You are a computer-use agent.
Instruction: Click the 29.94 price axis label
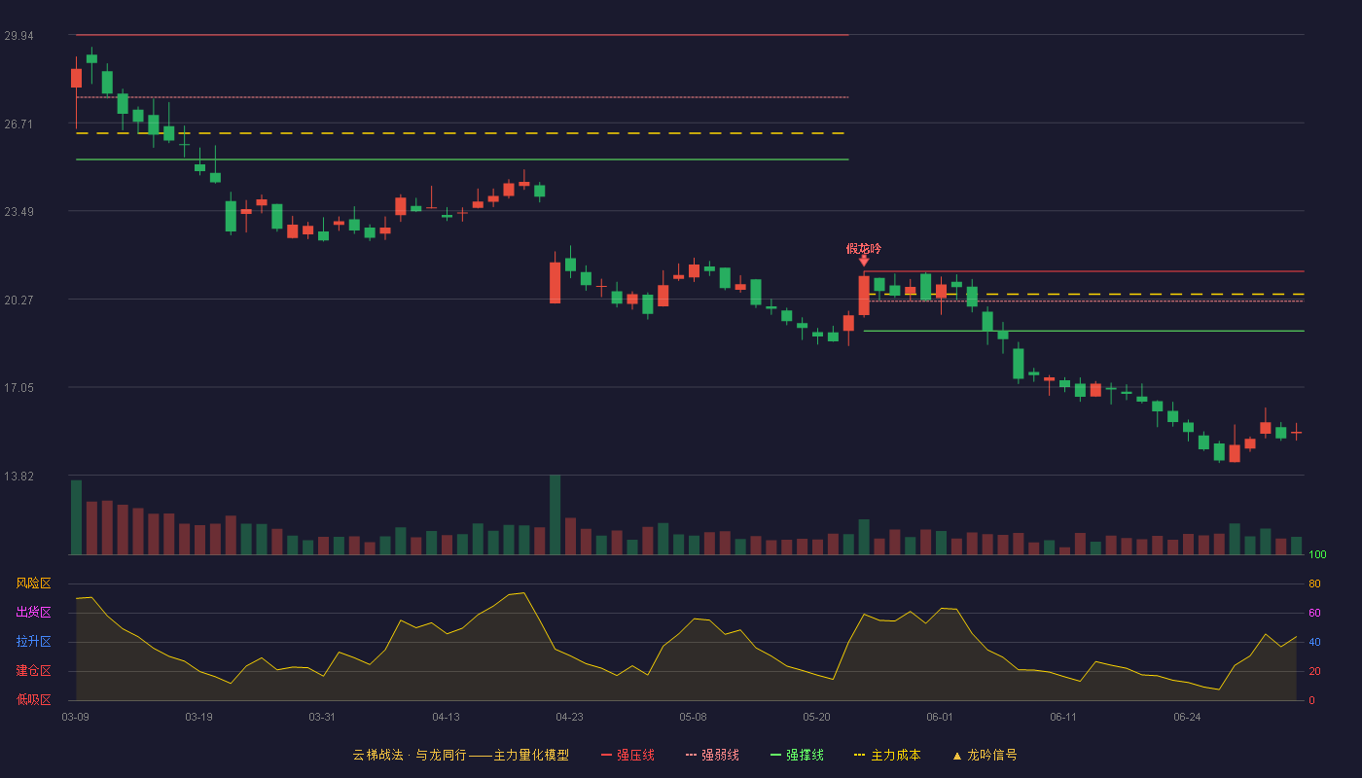[x=18, y=36]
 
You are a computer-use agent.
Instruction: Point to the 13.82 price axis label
[x=18, y=476]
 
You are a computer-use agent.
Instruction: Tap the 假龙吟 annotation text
[x=864, y=249]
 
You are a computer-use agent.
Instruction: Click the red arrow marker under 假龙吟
[x=864, y=261]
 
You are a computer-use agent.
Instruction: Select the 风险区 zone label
[x=33, y=583]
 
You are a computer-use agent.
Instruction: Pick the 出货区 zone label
[x=33, y=612]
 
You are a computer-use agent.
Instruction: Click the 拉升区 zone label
[x=33, y=641]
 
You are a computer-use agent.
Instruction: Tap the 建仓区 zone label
[x=33, y=670]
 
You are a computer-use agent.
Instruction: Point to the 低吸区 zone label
[x=33, y=699]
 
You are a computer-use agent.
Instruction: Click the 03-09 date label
[x=76, y=718]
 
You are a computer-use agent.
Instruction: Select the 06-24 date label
[x=1187, y=718]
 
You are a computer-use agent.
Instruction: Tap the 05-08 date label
[x=693, y=718]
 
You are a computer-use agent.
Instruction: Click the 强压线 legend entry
[x=627, y=755]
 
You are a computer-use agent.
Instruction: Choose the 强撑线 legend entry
[x=797, y=755]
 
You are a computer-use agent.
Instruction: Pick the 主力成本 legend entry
[x=887, y=755]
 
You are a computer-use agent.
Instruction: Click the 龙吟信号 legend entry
[x=985, y=755]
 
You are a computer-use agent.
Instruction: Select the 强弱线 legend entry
[x=712, y=755]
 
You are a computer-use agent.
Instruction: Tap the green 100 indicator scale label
[x=1317, y=554]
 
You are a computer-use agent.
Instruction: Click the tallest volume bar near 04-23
[x=556, y=514]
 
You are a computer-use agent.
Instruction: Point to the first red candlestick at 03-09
[x=76, y=79]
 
